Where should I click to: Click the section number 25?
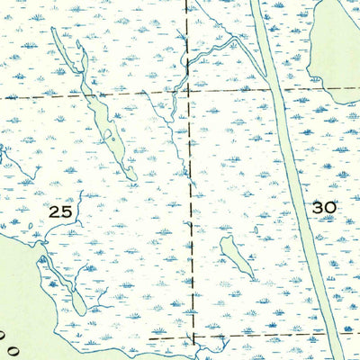tap(60, 212)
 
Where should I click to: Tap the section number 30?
tap(324, 208)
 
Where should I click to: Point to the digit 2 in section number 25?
tap(55, 212)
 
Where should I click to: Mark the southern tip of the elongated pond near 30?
tap(250, 278)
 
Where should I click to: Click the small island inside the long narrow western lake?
tap(109, 137)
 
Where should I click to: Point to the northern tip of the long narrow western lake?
tap(53, 30)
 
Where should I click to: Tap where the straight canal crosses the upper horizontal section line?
tap(271, 91)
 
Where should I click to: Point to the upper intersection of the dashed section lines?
tap(188, 92)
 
